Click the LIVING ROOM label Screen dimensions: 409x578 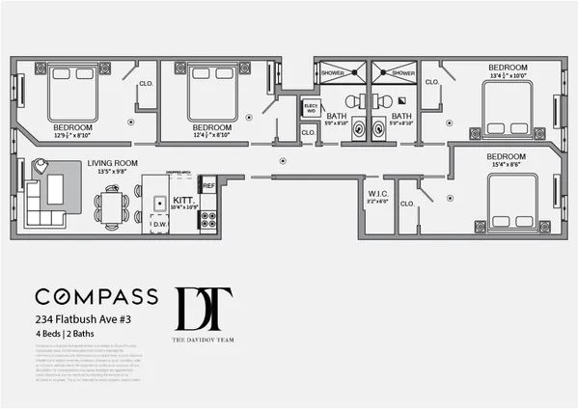point(111,164)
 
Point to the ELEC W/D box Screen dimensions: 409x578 point(311,109)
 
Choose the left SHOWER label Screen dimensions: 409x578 point(342,73)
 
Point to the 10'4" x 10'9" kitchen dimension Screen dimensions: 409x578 point(182,206)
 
